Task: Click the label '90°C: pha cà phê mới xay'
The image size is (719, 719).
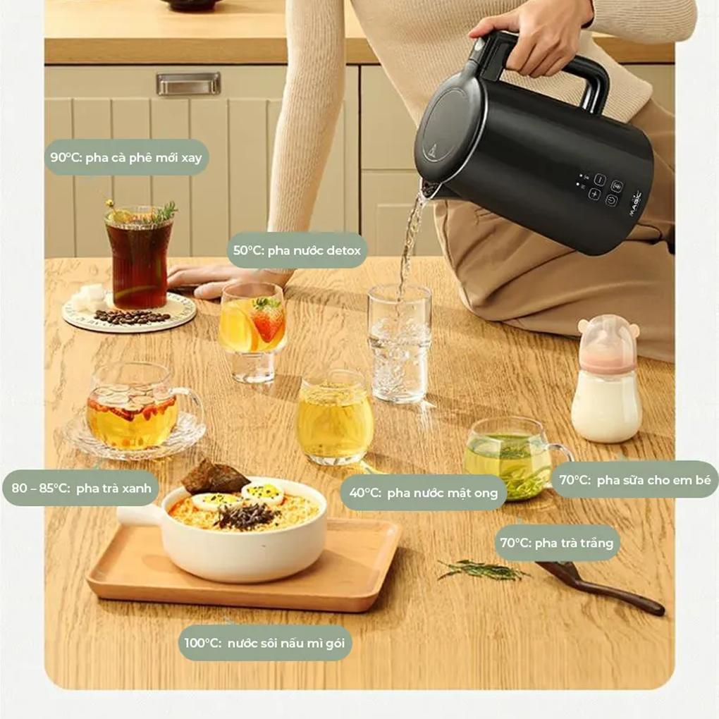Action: [x=127, y=157]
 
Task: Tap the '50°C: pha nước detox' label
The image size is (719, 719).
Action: [x=297, y=250]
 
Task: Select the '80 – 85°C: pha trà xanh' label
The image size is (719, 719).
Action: [x=81, y=488]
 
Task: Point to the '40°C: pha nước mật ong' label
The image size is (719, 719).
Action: [x=423, y=493]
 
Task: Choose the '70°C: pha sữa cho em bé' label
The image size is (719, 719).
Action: [x=634, y=479]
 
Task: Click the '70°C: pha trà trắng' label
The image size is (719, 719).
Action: [x=557, y=543]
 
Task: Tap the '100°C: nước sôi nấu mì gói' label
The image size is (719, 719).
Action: [x=264, y=643]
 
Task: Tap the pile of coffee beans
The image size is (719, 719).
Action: [x=132, y=317]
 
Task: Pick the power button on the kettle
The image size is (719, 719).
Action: [x=611, y=200]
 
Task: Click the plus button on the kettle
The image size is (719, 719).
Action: [x=594, y=194]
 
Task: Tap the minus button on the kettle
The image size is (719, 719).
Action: [x=600, y=179]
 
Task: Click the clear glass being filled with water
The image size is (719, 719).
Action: [x=400, y=343]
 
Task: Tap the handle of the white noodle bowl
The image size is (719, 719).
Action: [x=140, y=517]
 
